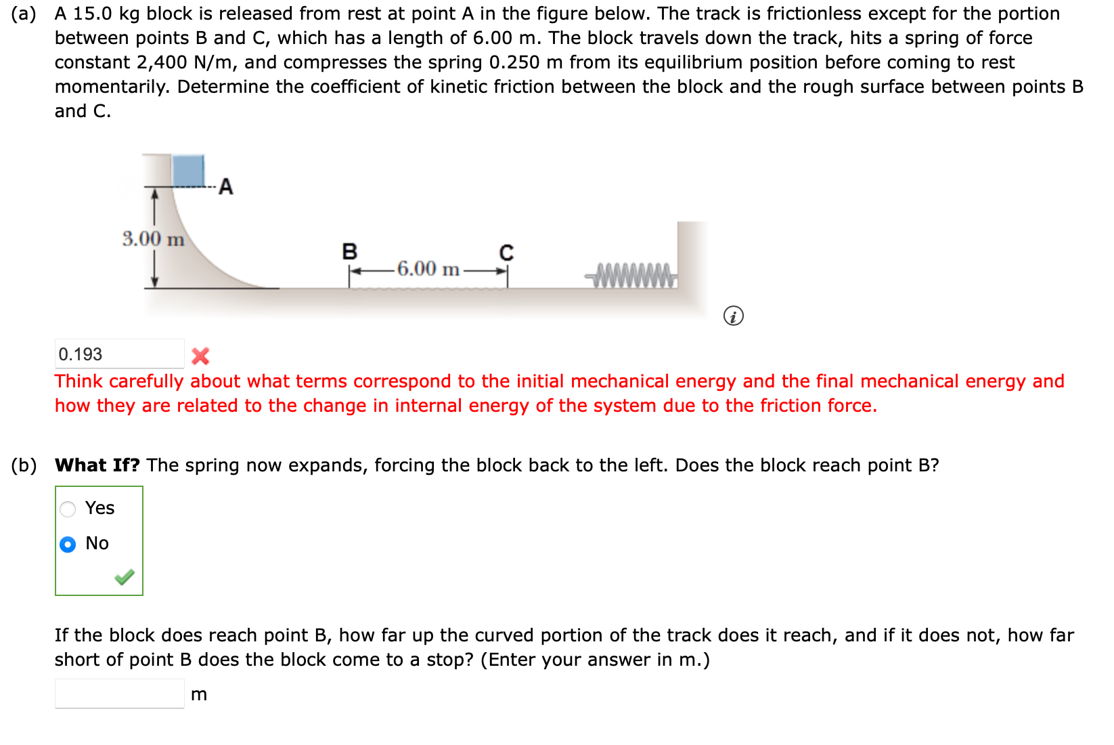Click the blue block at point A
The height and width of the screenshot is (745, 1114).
[188, 171]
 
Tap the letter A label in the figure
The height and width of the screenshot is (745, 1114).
[226, 187]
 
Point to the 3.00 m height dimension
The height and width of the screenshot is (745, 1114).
[153, 239]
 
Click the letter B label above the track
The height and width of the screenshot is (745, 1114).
[349, 252]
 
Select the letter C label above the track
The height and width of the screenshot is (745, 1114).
[506, 253]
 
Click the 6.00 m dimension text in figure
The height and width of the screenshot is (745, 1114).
[428, 269]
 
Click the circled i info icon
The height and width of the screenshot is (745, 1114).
[733, 316]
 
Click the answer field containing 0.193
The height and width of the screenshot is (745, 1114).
[119, 354]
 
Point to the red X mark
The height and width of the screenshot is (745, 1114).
[200, 356]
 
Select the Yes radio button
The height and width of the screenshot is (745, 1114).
[68, 509]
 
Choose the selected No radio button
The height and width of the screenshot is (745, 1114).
[68, 545]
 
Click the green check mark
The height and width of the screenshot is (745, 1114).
[125, 577]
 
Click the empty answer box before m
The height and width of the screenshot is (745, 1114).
[119, 694]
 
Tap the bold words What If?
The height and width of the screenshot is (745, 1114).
[97, 465]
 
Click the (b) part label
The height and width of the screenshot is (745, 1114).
[24, 465]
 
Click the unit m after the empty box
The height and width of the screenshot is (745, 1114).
[199, 695]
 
